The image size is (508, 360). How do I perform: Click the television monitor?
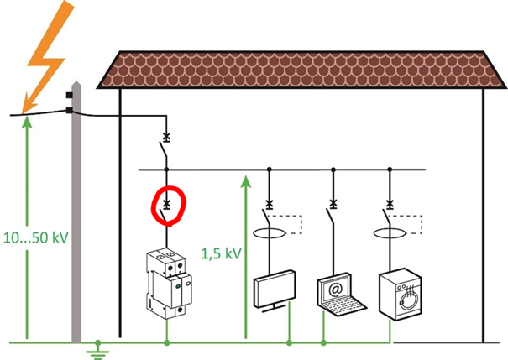(275, 289)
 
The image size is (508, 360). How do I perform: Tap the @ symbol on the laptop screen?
(333, 286)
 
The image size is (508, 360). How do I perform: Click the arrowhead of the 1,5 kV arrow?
(245, 178)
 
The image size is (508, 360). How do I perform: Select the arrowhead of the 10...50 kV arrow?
(27, 120)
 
